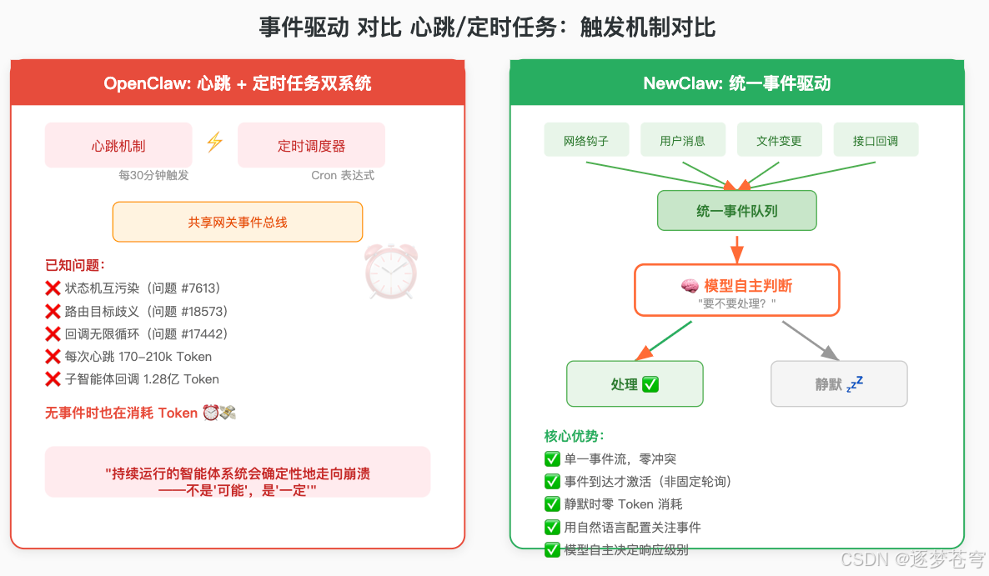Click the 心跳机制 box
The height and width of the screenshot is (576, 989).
click(118, 146)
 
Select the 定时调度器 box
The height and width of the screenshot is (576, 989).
click(311, 146)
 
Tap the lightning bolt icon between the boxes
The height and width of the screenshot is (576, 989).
click(214, 142)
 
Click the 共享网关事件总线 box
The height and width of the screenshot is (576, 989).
click(238, 223)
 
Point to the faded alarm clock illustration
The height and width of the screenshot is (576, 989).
click(391, 272)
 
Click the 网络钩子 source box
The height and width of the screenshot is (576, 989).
click(586, 140)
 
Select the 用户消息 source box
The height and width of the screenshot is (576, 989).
click(682, 140)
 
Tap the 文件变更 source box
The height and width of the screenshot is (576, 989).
click(779, 140)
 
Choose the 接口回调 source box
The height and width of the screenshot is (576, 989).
click(876, 140)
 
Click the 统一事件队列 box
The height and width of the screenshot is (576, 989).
click(736, 211)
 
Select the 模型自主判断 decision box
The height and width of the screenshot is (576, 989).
click(736, 290)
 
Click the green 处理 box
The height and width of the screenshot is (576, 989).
click(635, 384)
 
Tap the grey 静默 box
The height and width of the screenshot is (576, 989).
click(839, 384)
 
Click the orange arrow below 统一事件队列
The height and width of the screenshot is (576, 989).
click(736, 248)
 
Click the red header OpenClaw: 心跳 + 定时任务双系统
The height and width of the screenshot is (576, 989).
click(238, 83)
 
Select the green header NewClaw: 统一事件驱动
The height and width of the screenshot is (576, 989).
click(736, 83)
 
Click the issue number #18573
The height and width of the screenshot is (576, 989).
click(203, 311)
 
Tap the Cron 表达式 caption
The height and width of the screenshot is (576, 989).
click(343, 175)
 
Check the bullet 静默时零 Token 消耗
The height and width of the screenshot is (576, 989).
click(613, 503)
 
